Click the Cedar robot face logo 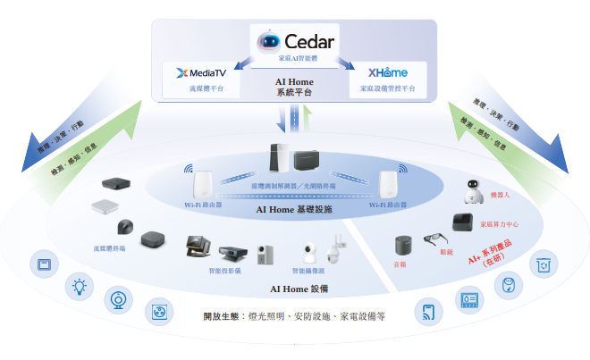[x=268, y=41]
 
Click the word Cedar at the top [x=308, y=41]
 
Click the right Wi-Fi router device [x=387, y=185]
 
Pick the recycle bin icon [x=543, y=264]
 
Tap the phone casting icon [x=427, y=313]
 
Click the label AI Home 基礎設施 [x=294, y=210]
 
